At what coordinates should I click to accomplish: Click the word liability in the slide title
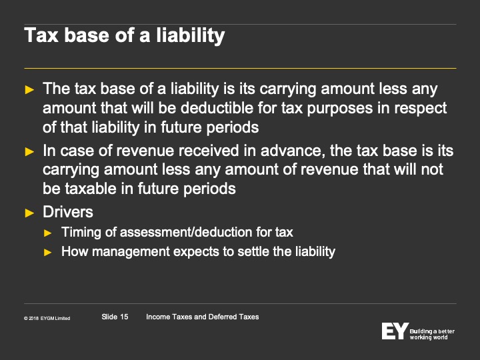[191, 35]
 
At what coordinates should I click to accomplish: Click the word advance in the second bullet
[293, 151]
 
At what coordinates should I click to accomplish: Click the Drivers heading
[68, 212]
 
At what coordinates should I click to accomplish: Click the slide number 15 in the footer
[124, 317]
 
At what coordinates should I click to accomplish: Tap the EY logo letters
[395, 331]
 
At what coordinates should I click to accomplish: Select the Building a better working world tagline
[432, 334]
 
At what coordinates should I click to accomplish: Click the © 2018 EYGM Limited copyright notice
[47, 319]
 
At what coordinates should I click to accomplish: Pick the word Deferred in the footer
[223, 317]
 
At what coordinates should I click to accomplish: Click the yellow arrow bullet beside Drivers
[29, 213]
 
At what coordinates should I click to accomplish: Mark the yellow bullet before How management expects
[48, 253]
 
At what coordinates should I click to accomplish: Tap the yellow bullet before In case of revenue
[29, 151]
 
